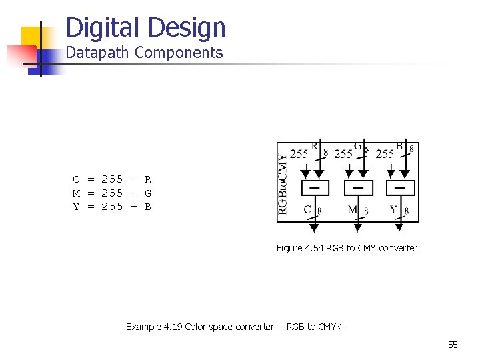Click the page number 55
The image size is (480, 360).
pos(453,345)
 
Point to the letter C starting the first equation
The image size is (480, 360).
pos(77,179)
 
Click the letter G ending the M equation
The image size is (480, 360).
pos(148,193)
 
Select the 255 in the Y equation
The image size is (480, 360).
pos(112,207)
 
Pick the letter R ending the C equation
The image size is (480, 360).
pos(148,179)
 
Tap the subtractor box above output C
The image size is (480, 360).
pos(315,188)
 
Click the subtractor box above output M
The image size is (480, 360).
pos(358,188)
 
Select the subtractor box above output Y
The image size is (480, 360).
pos(400,188)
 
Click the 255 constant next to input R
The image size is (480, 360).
pos(299,154)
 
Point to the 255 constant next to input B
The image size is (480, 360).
pos(385,154)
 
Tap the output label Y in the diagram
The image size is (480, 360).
pos(393,210)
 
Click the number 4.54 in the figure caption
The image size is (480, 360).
pos(314,248)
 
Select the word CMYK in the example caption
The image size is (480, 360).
pos(331,327)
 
